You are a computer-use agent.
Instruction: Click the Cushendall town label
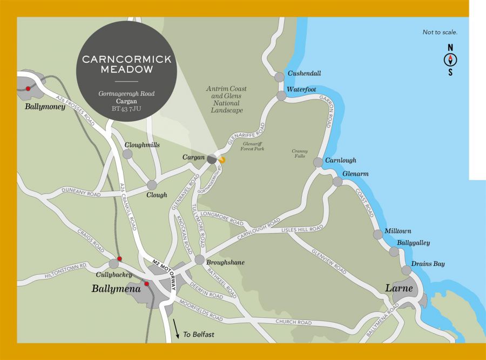[305, 73]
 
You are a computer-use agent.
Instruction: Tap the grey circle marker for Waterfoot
[281, 96]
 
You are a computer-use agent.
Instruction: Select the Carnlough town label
[341, 161]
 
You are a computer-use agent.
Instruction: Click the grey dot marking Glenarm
[337, 182]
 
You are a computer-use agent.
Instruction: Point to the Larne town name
[399, 288]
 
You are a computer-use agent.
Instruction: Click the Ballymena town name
[116, 289]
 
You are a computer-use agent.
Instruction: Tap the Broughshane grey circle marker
[199, 259]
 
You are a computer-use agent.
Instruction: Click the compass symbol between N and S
[450, 60]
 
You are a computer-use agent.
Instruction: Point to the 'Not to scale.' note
[440, 32]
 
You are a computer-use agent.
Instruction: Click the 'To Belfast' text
[198, 335]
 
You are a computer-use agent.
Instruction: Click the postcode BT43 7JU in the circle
[126, 109]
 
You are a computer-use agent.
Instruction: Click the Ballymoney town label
[45, 106]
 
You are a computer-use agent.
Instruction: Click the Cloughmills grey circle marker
[127, 154]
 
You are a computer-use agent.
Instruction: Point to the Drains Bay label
[428, 264]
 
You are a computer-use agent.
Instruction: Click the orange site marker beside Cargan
[222, 159]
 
